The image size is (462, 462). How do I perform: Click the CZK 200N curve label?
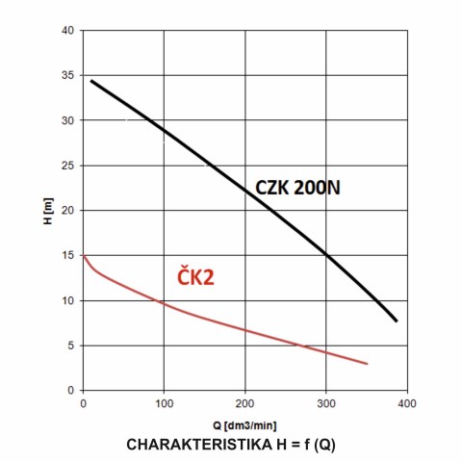tap(297, 189)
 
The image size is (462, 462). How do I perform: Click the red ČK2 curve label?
tap(194, 278)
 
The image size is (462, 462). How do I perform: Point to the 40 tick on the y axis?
tap(68, 31)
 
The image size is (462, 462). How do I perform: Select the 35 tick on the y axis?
tap(68, 76)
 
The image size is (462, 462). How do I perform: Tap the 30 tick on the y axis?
tap(68, 120)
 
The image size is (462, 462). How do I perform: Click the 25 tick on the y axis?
tap(68, 166)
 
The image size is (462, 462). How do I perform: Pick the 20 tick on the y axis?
tap(68, 211)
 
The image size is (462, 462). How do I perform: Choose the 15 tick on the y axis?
tap(68, 255)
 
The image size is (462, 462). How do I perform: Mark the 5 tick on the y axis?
tap(71, 346)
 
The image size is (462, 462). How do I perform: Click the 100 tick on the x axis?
tap(164, 402)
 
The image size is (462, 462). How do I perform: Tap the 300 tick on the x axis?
tap(326, 402)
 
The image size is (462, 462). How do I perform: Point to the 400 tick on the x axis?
tap(407, 402)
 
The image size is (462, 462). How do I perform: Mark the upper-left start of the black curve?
tap(91, 81)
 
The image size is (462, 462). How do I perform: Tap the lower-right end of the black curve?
tap(396, 321)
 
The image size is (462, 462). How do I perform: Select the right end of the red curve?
tap(367, 364)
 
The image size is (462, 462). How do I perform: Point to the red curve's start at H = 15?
tap(84, 256)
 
